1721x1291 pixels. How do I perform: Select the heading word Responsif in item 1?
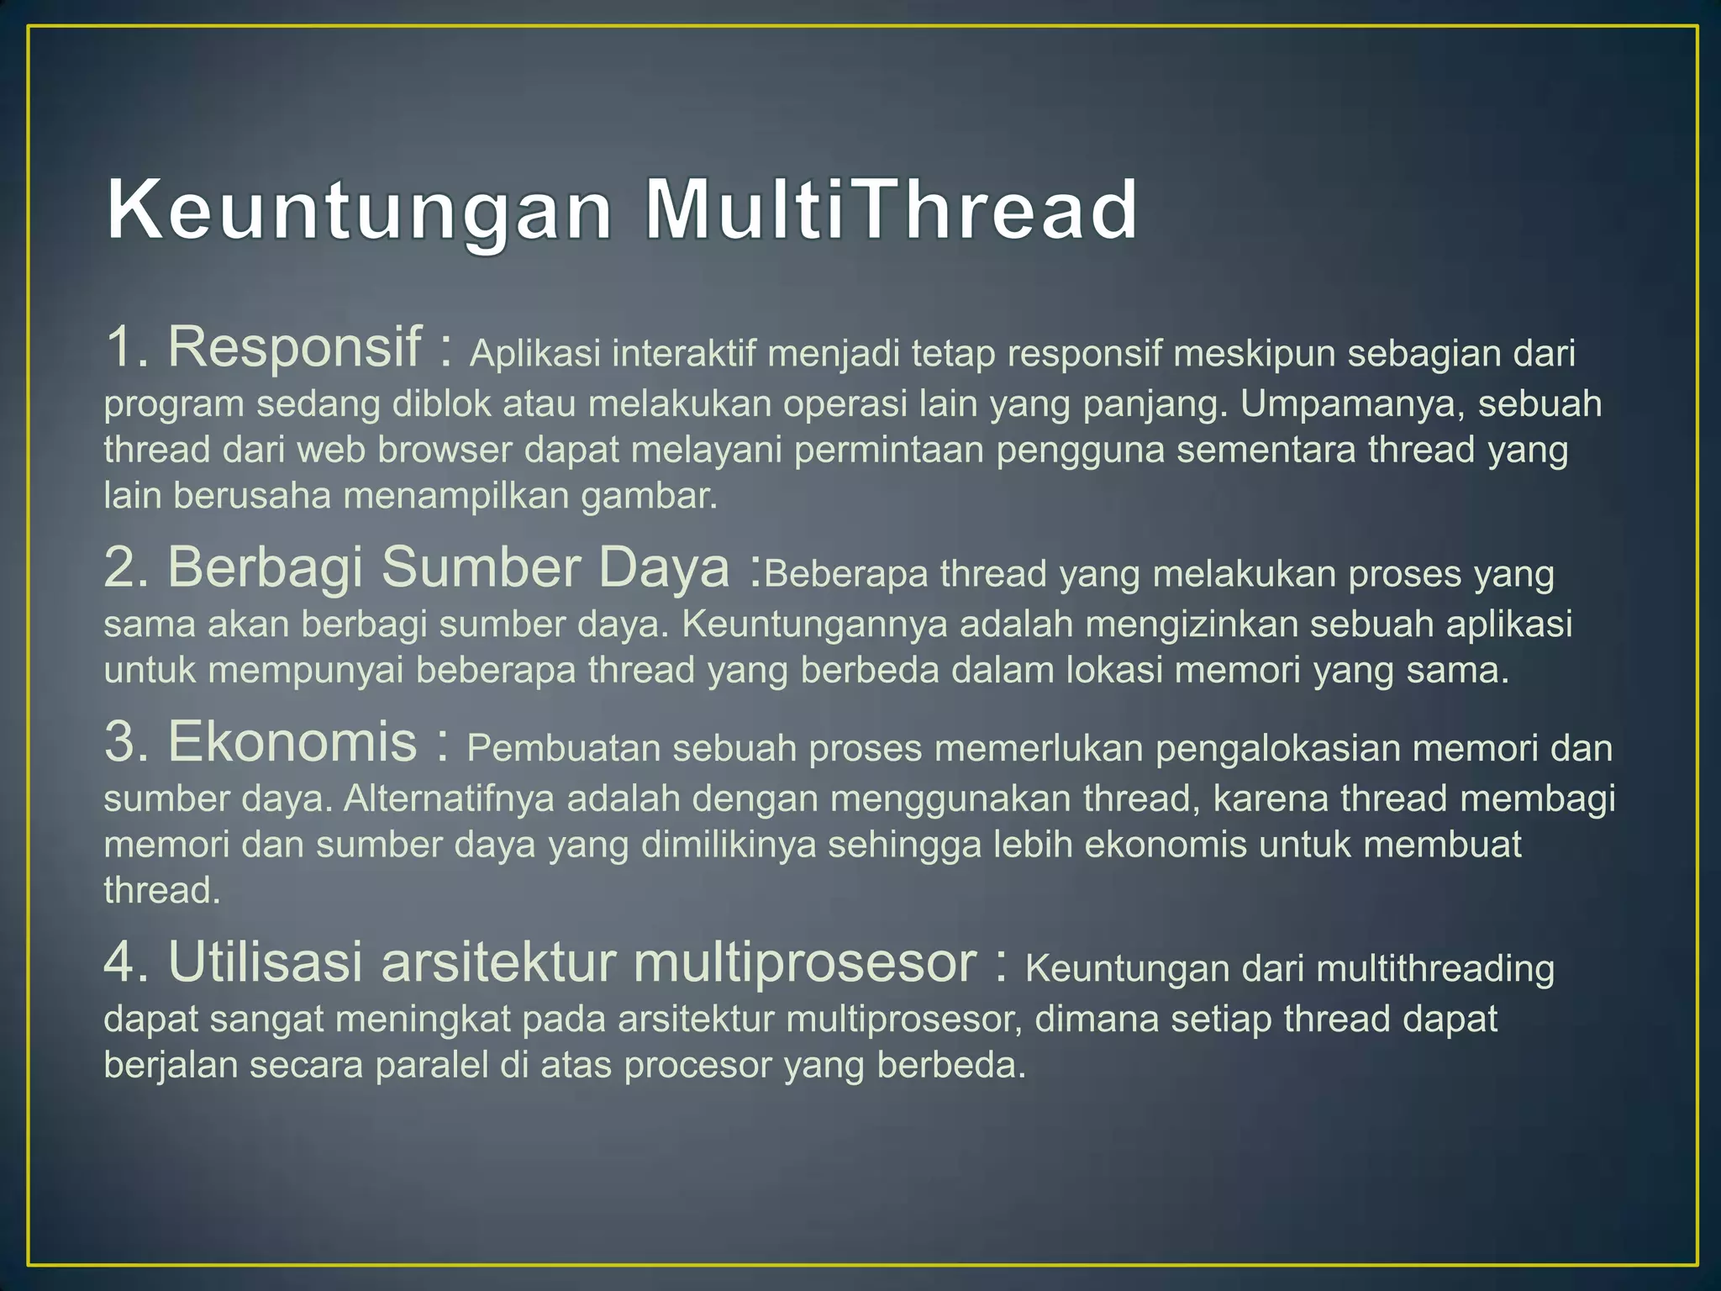(x=294, y=347)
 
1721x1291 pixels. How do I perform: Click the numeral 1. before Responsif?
(x=127, y=347)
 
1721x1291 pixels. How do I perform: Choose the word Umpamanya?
(x=1352, y=404)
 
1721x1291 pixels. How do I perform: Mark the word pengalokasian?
(x=1277, y=749)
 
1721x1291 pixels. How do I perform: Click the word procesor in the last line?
(x=697, y=1065)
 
